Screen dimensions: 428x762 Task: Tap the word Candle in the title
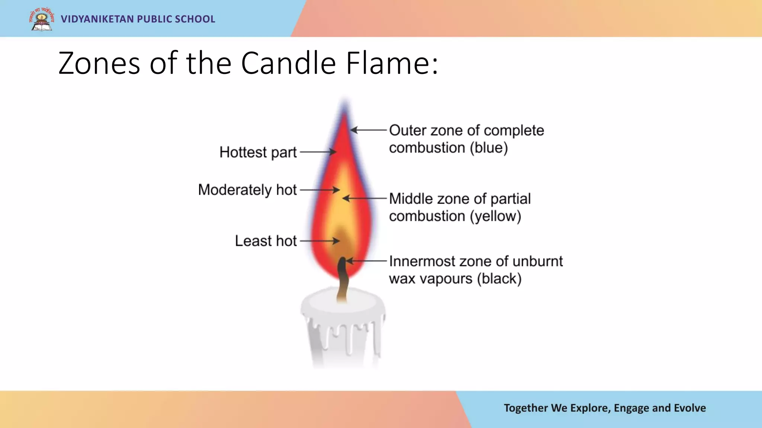coord(289,63)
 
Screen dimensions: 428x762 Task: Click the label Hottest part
coord(258,152)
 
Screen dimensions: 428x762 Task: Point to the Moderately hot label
coord(247,190)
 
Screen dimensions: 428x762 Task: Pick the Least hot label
coord(266,241)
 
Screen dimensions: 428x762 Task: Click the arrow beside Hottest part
coord(318,152)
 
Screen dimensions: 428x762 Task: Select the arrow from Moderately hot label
coord(320,190)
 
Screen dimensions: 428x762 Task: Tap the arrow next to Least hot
coord(320,241)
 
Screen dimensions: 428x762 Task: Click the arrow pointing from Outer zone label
coord(368,130)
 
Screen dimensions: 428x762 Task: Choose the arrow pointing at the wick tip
coord(366,261)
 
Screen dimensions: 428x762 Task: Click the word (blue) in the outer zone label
coord(489,148)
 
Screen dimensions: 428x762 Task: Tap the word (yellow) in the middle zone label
coord(495,216)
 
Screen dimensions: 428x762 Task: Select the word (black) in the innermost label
coord(499,279)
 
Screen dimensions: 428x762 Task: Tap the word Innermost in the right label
coord(422,261)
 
